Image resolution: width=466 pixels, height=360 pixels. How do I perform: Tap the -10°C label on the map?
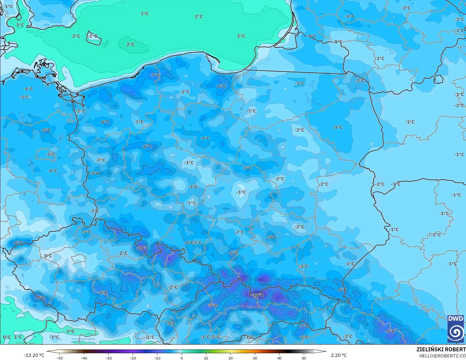click(143, 248)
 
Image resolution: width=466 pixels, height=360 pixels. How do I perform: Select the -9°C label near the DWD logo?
click(390, 331)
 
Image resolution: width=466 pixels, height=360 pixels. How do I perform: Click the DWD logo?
click(456, 329)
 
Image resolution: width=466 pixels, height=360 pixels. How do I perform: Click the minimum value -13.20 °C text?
click(34, 355)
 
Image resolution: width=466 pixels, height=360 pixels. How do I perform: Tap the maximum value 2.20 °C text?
click(339, 355)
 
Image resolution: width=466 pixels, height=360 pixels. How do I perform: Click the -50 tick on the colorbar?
click(60, 358)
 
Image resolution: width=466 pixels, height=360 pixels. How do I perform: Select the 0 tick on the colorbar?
click(182, 358)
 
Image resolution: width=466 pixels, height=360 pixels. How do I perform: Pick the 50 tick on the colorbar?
click(304, 358)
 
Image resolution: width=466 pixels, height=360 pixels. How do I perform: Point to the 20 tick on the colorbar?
click(231, 358)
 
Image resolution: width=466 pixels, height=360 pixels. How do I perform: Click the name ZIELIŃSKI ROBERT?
click(441, 349)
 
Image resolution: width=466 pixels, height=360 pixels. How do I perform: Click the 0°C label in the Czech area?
click(48, 256)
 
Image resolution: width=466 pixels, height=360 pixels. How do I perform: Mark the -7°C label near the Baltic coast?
click(155, 75)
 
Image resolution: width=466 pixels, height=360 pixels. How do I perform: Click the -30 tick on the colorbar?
click(108, 358)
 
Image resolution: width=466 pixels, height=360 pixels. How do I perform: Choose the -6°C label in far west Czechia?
click(18, 243)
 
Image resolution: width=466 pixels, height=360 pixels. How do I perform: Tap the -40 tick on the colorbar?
click(84, 358)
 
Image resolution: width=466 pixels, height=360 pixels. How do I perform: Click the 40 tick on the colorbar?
click(280, 358)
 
